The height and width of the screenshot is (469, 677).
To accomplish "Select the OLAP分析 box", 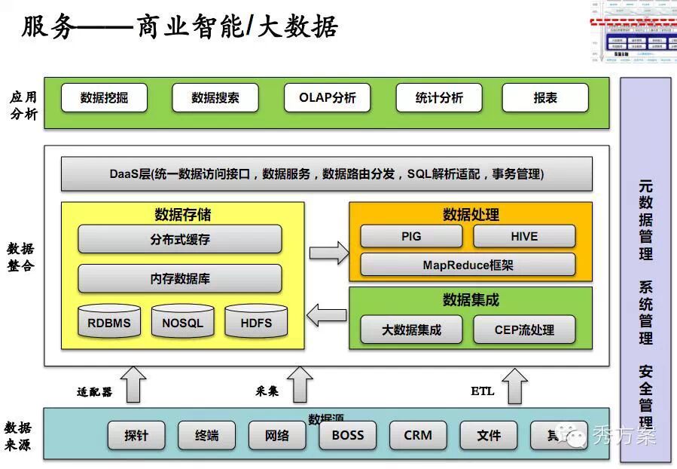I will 328,98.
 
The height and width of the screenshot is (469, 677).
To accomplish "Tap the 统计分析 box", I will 439,98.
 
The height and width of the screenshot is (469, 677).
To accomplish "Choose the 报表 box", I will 545,98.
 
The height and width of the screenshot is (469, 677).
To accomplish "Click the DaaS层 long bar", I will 326,174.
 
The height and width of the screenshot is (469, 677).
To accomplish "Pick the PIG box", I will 411,236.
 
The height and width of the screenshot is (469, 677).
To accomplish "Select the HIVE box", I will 524,236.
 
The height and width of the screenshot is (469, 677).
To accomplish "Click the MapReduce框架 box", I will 468,265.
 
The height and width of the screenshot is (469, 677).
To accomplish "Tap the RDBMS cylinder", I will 109,322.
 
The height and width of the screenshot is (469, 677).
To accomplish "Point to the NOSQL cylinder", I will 182,322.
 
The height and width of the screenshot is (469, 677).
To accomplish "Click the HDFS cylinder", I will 256,322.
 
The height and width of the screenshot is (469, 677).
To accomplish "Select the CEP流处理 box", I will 524,330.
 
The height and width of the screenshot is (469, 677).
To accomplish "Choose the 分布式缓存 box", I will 180,240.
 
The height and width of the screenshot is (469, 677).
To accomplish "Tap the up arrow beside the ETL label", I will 516,386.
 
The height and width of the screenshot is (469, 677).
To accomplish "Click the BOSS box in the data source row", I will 347,435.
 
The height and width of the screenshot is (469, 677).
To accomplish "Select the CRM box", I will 418,435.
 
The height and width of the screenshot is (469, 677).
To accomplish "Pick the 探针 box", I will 136,435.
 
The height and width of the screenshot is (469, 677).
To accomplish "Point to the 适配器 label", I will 94,392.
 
